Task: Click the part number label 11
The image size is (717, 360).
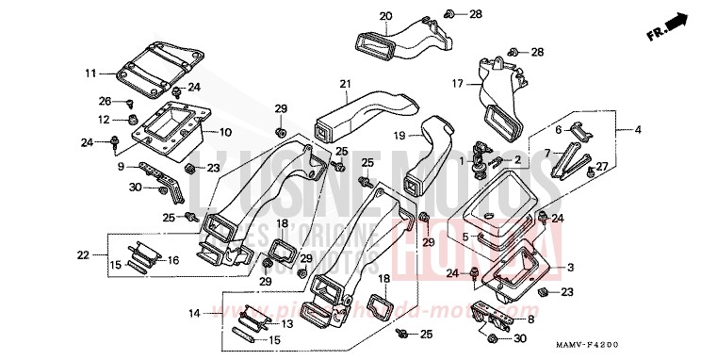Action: tap(91, 73)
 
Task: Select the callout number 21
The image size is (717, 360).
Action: tap(345, 85)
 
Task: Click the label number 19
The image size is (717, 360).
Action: tap(399, 136)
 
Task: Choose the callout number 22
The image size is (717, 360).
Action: tap(84, 254)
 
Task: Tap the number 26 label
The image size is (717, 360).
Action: tap(105, 101)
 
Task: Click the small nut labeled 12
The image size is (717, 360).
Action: tap(133, 121)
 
